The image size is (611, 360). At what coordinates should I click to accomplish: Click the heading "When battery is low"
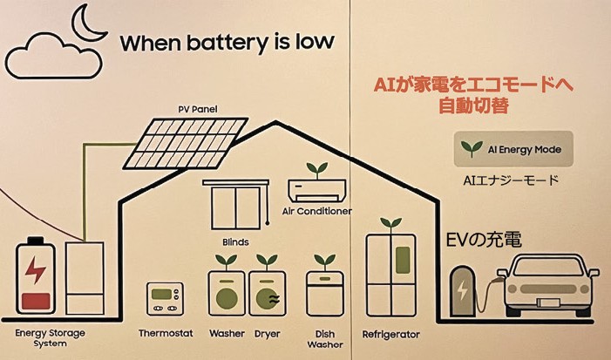227,43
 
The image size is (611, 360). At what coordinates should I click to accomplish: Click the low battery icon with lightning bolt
36,275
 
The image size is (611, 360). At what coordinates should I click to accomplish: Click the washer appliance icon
227,292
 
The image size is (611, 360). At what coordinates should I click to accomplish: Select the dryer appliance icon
267,292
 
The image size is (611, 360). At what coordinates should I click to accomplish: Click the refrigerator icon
390,272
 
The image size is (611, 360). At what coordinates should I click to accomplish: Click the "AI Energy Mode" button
513,149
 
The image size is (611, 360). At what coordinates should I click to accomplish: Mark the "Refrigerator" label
391,334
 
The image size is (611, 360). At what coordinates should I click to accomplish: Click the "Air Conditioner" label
317,211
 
